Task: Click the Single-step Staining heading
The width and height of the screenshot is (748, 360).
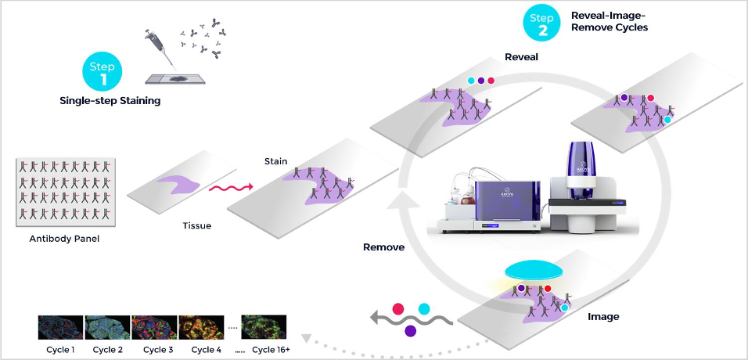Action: (110, 101)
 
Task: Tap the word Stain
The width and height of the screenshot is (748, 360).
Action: (275, 162)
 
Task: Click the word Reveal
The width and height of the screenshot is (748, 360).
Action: (521, 56)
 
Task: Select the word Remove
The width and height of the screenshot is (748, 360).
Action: (383, 247)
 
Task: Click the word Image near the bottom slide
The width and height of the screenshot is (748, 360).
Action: (603, 317)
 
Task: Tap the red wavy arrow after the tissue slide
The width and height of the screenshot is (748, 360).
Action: (230, 188)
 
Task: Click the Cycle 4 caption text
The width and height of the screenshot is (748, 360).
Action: (206, 350)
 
